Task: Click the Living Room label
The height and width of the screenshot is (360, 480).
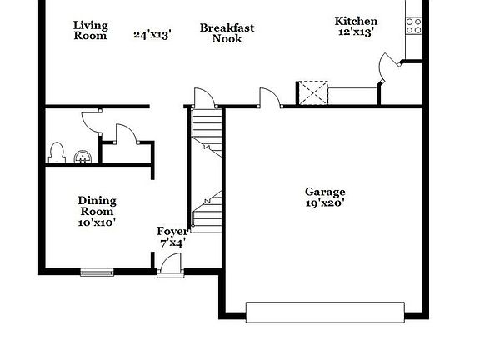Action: coord(90,30)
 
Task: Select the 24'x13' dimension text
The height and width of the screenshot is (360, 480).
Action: coord(152,35)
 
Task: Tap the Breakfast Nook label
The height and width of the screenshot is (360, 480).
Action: coord(227,33)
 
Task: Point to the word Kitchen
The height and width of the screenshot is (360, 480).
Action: coord(356,21)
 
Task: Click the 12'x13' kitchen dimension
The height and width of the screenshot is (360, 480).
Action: coord(356,32)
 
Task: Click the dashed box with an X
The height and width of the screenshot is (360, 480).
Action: coord(313,92)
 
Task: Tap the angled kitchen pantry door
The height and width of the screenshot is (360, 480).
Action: coord(388,67)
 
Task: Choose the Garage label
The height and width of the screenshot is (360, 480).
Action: coord(325,192)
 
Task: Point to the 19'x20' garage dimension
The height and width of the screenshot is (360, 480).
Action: coord(325,202)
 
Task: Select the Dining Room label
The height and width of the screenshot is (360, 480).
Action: coord(97,206)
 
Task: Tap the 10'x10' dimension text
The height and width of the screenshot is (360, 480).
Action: coord(97,222)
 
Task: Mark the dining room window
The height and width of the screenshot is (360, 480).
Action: coord(97,271)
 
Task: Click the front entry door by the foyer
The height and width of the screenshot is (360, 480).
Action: coord(170,264)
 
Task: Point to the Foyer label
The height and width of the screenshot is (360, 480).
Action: coord(172,231)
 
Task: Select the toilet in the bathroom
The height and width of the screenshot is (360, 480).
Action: coord(57,152)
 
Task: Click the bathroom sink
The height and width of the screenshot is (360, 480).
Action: coord(82,155)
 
